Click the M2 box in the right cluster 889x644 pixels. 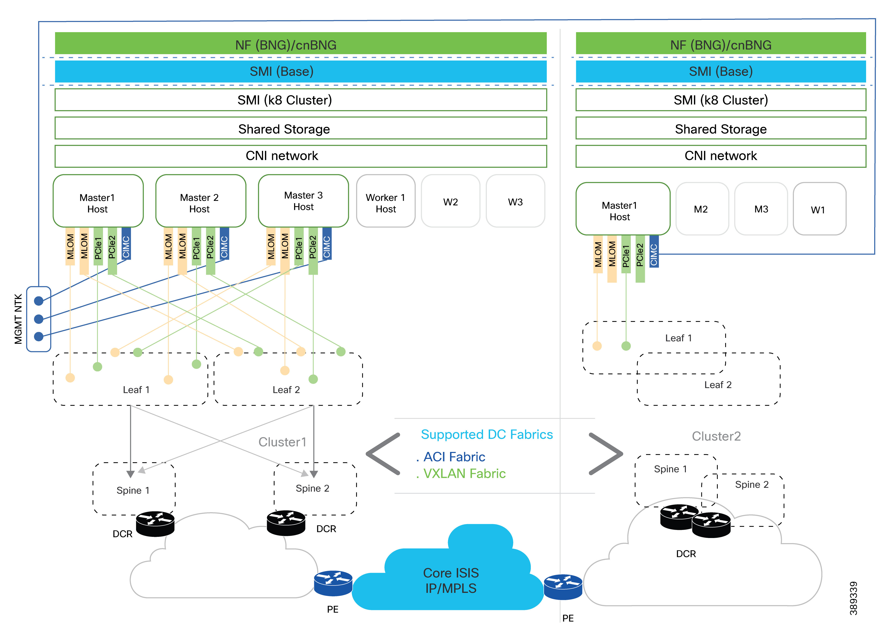pos(702,209)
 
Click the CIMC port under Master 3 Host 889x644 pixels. pos(327,244)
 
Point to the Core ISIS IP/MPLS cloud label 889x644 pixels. pos(451,580)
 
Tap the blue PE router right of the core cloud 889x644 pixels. pos(563,587)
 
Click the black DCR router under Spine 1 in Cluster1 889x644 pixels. pos(155,523)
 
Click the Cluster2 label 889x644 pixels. pos(716,436)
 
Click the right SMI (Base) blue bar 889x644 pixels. pos(721,71)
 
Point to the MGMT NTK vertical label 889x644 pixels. pos(18,319)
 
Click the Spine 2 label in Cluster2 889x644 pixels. pos(751,485)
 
